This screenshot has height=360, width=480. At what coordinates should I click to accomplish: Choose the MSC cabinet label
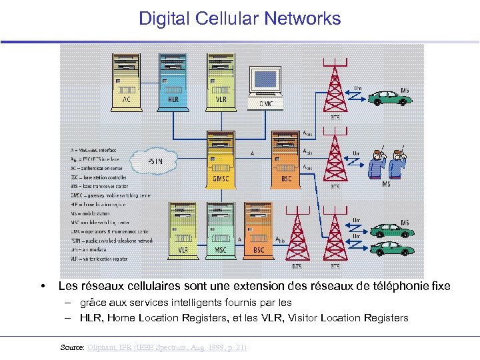[x=220, y=250]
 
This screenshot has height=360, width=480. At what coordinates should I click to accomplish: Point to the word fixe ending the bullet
[x=441, y=286]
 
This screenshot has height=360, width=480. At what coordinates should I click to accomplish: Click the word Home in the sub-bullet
[x=122, y=317]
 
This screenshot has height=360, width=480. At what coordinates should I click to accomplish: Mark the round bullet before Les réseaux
[x=43, y=286]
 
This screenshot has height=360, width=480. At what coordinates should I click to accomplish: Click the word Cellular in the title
[x=227, y=19]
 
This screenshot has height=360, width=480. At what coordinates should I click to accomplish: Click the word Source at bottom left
[x=71, y=347]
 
